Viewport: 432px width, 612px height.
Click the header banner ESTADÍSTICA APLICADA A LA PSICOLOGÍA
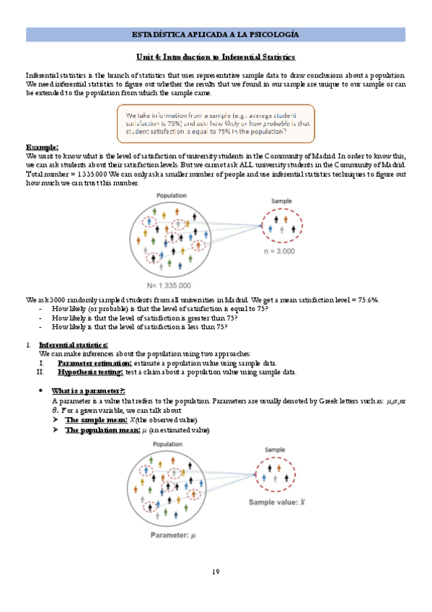tap(216, 35)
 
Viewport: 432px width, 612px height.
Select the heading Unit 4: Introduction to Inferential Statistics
tap(216, 56)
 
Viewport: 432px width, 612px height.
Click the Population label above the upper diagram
tap(171, 196)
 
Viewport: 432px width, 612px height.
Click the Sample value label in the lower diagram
tap(278, 500)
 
